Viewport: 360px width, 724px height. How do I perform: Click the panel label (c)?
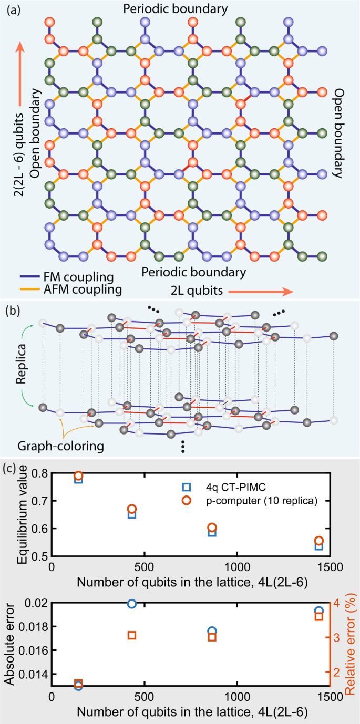(11, 467)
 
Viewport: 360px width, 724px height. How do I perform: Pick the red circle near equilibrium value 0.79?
(78, 476)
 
